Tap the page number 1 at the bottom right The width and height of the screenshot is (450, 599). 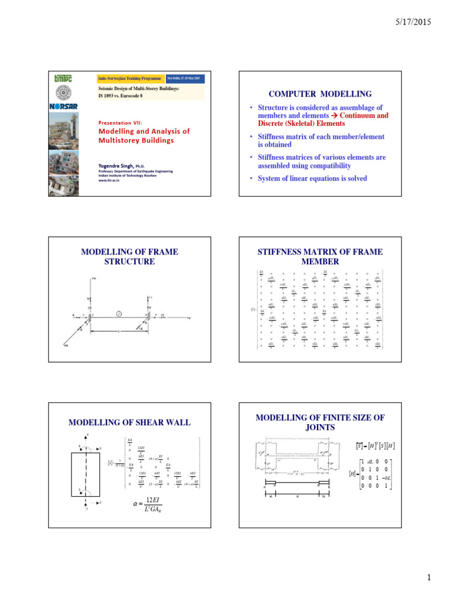pos(429,579)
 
